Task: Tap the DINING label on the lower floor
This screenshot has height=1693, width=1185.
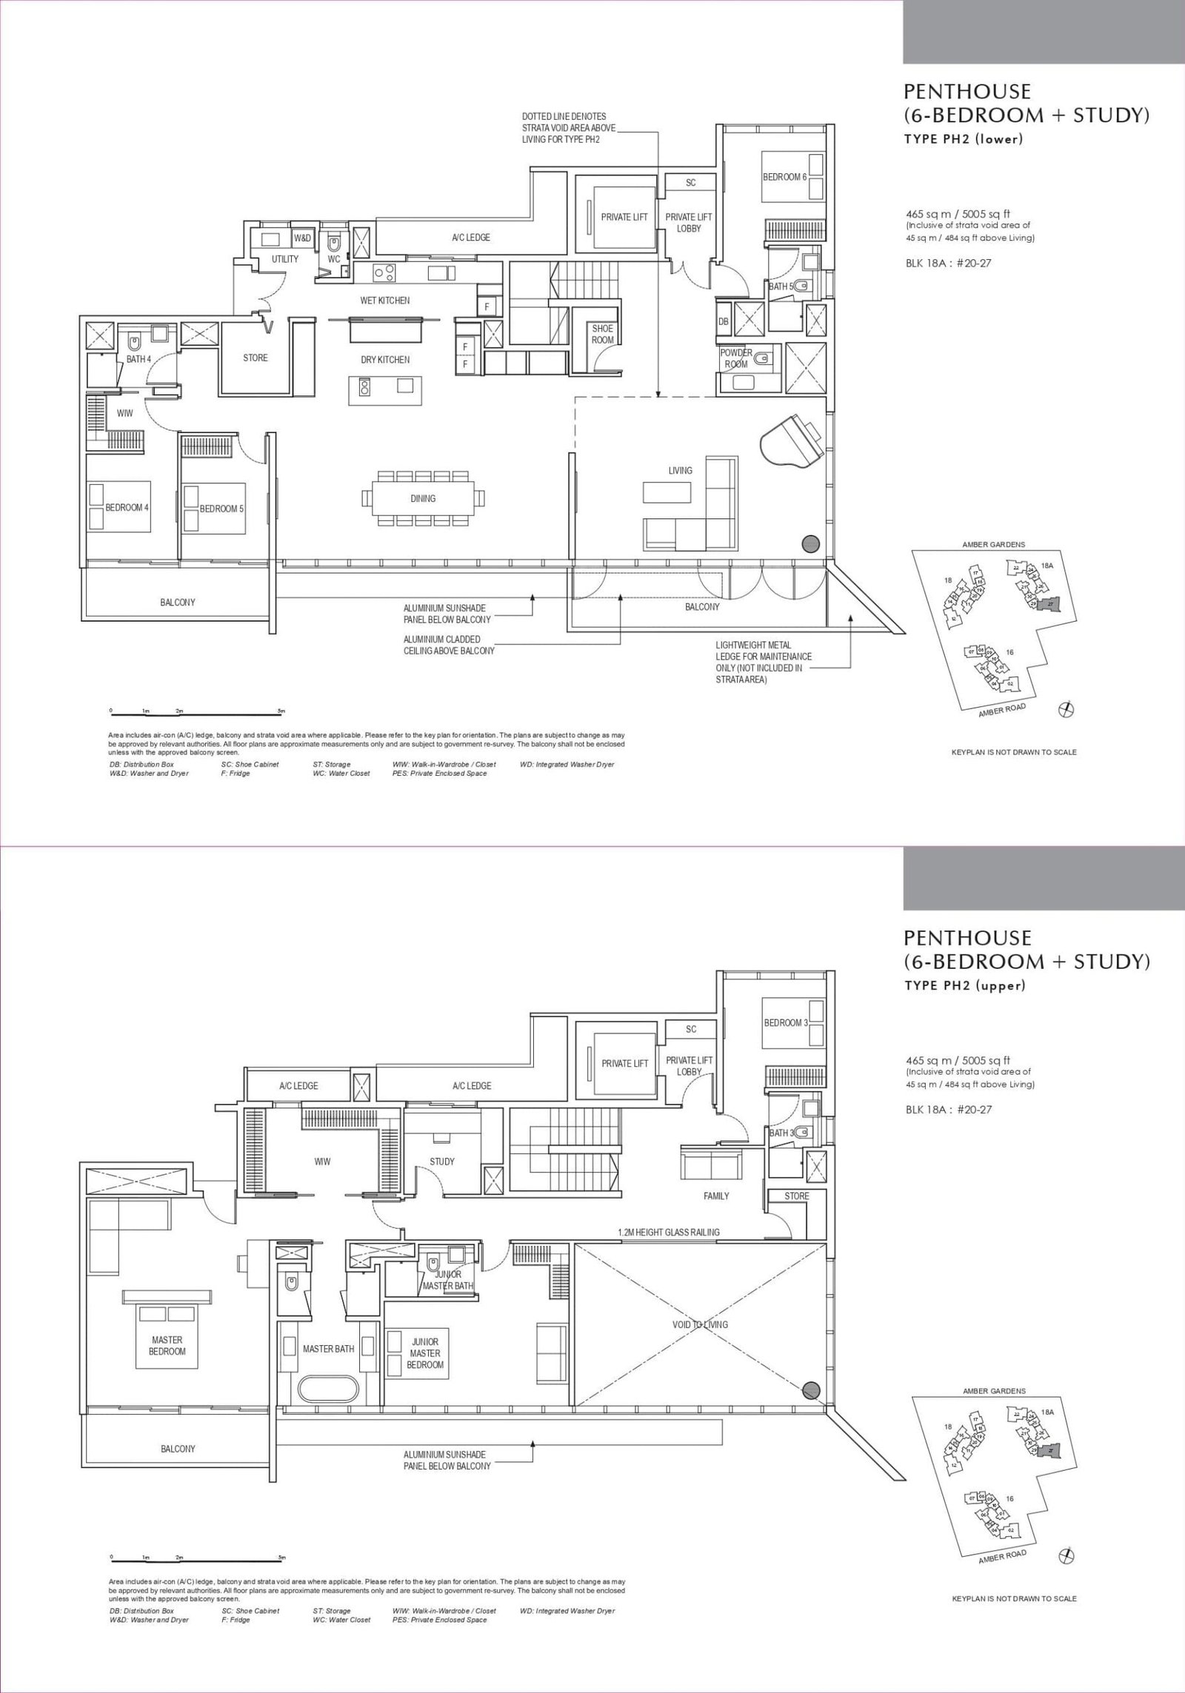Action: [x=423, y=498]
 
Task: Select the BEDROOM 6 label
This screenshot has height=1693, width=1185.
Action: [x=785, y=177]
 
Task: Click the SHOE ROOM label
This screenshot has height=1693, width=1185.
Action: [x=602, y=334]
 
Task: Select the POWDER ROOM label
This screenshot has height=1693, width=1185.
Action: [x=736, y=358]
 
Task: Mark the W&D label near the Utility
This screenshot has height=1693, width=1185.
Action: [x=302, y=238]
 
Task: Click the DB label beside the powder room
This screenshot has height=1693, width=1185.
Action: [x=723, y=321]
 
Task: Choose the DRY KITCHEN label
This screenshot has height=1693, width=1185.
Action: [x=385, y=360]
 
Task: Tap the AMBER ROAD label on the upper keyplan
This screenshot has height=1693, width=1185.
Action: [x=1002, y=708]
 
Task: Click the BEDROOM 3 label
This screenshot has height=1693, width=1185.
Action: [x=785, y=1023]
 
